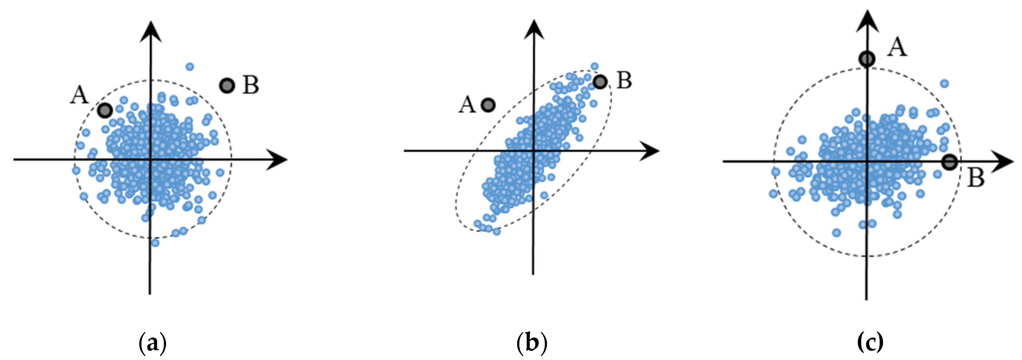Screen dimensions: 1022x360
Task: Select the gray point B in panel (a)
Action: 227,85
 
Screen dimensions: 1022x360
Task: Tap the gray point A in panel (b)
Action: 488,105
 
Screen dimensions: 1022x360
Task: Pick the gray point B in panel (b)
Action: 600,82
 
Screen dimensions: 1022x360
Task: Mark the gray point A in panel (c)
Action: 867,59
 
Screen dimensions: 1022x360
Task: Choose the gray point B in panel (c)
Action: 950,162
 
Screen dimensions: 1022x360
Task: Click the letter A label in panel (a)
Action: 79,95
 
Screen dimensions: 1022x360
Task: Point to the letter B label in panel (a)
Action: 251,85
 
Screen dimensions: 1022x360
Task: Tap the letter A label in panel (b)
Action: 467,105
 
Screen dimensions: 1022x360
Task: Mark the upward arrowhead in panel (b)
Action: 534,30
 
